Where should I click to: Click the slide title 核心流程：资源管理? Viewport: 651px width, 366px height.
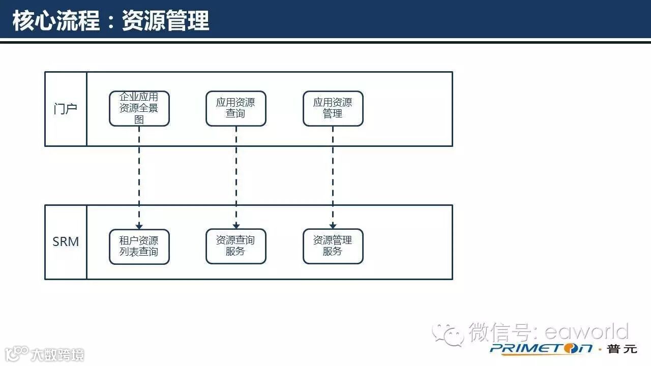point(111,21)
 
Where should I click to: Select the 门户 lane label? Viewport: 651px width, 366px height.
point(66,108)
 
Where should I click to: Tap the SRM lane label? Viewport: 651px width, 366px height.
point(66,241)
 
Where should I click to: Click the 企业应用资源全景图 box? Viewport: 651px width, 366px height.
point(139,108)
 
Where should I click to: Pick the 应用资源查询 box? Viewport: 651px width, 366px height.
point(235,108)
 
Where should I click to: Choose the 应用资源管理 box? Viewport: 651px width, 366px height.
point(333,108)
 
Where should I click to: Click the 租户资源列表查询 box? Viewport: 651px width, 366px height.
point(139,246)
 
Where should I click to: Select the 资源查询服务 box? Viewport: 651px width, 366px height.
point(235,246)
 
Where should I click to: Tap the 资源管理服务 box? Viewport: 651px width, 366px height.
point(333,246)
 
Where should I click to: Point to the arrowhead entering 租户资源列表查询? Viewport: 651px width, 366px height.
point(139,226)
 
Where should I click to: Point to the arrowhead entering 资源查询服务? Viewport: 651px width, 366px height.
point(236,226)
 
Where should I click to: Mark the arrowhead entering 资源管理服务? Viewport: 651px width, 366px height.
point(333,226)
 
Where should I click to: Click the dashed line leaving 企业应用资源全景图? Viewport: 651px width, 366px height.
point(139,173)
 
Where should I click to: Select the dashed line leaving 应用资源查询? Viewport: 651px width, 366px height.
point(236,173)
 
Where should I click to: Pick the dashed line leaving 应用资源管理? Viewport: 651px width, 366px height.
point(333,173)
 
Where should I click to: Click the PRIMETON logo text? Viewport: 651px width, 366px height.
point(541,349)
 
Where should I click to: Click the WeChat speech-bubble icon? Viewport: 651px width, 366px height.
point(447,334)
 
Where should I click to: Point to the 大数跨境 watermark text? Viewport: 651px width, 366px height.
point(56,354)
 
